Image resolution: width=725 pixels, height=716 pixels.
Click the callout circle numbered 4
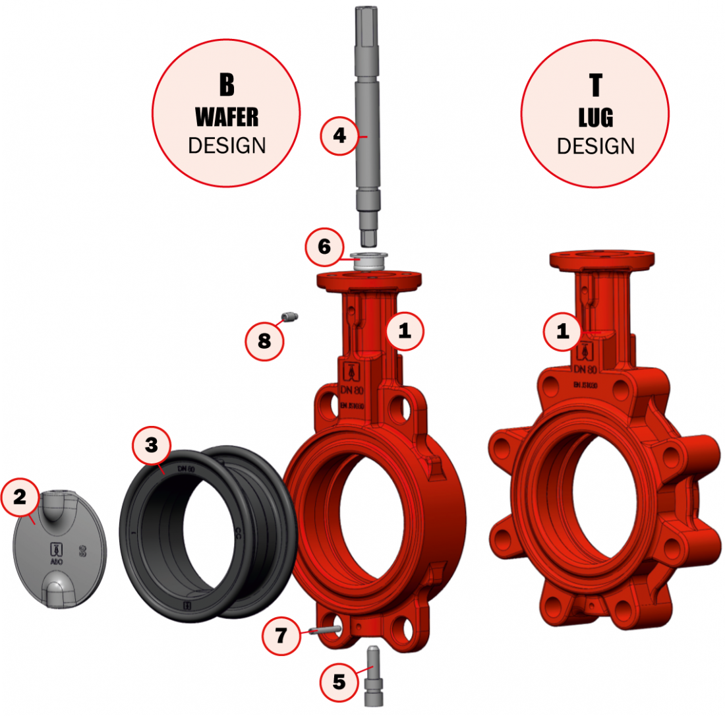[x=339, y=136]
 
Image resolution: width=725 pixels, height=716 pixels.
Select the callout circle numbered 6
[x=324, y=247]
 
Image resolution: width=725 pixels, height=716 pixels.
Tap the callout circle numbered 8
[x=264, y=341]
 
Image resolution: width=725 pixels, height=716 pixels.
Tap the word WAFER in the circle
[x=227, y=118]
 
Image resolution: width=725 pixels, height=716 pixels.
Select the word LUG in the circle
[x=595, y=119]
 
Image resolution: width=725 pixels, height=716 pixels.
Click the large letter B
[x=227, y=85]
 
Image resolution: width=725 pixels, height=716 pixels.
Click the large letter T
[x=595, y=85]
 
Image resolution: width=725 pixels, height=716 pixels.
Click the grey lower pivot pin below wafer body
[x=372, y=676]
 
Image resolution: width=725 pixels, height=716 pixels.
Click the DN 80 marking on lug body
[x=585, y=370]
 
